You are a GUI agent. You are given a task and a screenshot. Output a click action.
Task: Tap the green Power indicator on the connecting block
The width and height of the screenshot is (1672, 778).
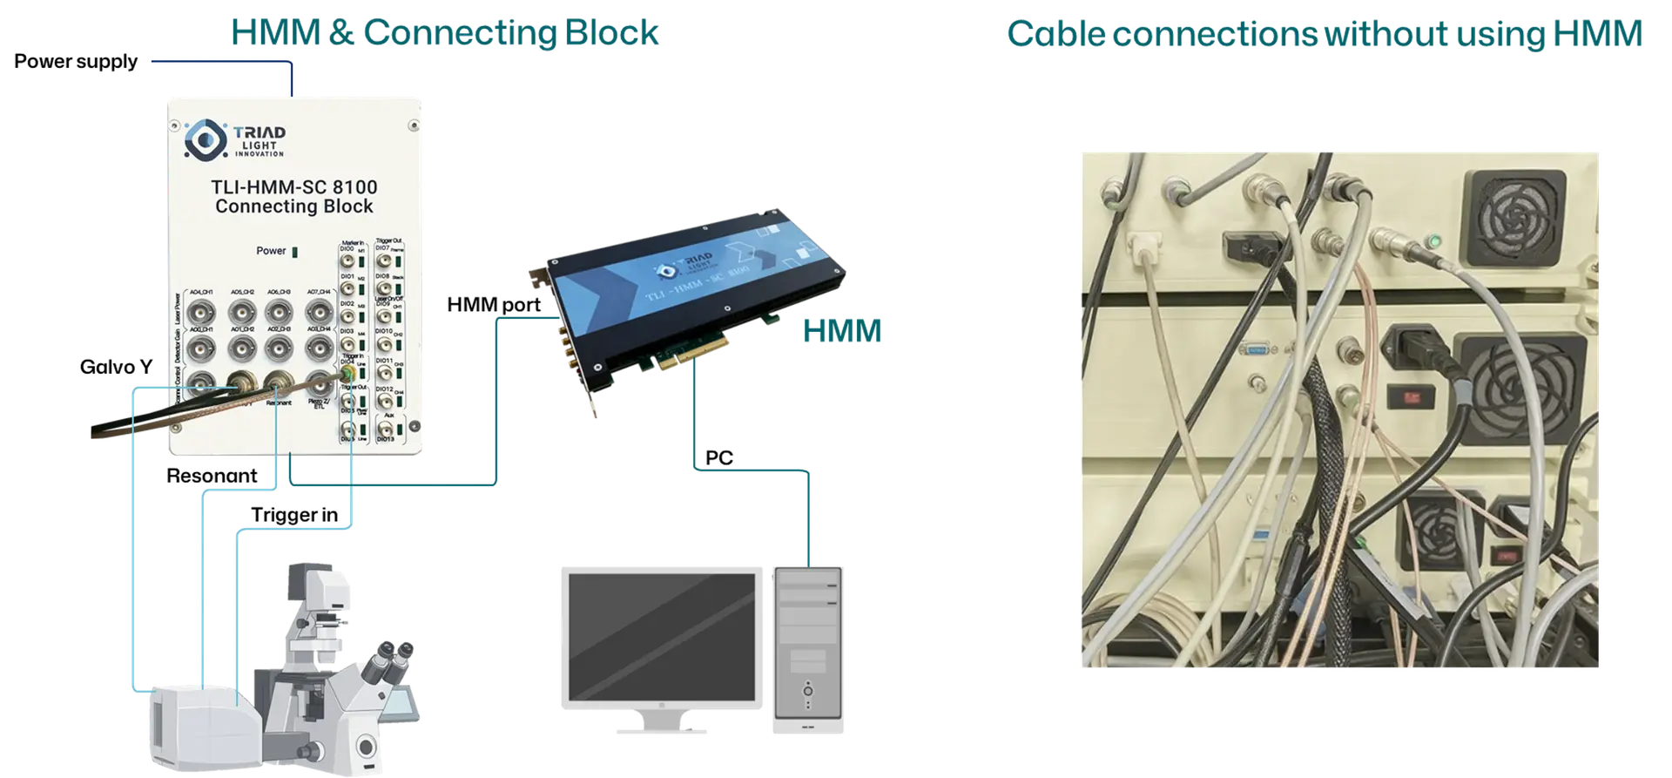(x=294, y=252)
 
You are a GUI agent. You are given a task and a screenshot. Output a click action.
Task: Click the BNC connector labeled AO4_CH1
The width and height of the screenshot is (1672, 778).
(x=202, y=311)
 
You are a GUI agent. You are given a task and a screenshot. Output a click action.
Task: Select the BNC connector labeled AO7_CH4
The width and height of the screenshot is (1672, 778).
(x=319, y=311)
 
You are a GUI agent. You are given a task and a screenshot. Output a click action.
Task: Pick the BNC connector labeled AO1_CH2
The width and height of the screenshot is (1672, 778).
(x=241, y=348)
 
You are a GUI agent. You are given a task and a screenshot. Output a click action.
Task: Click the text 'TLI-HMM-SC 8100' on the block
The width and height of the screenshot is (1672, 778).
(x=294, y=186)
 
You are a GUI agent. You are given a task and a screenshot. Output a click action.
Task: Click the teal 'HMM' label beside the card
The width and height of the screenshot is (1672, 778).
(x=840, y=332)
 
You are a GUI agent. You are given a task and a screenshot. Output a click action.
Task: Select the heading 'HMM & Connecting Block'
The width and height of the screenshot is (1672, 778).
(x=444, y=32)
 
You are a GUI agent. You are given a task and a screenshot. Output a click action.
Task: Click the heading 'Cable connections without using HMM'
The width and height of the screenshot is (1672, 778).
(x=1324, y=33)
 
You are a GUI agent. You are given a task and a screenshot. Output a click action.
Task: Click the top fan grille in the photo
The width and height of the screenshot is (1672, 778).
(x=1514, y=218)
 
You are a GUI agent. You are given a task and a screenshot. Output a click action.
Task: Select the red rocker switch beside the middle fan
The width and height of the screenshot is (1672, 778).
(x=1412, y=396)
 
